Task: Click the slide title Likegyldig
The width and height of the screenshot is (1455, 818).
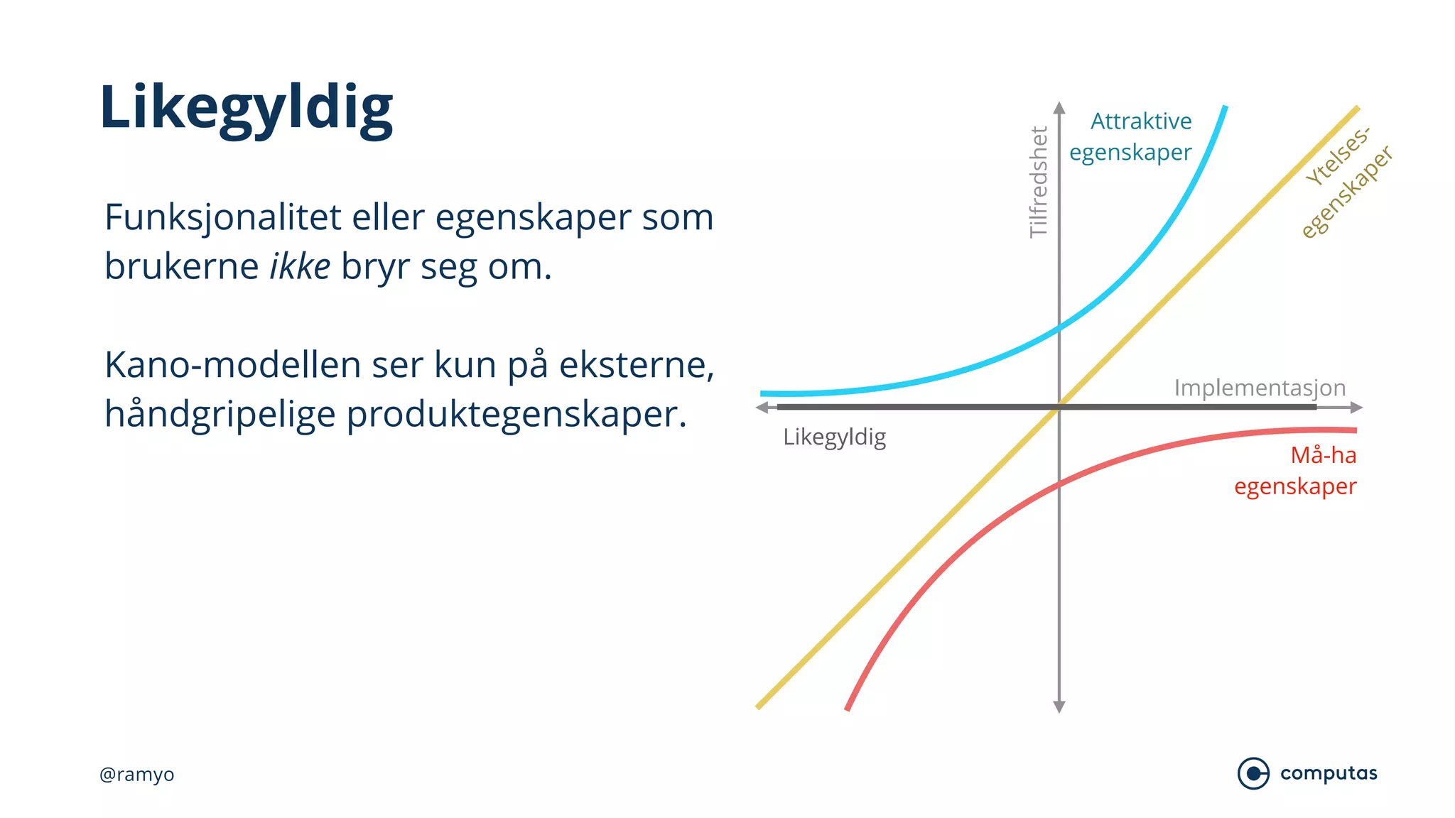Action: coord(246,108)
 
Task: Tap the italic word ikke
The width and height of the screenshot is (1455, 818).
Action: coord(299,267)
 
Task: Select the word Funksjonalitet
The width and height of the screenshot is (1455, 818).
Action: coord(222,217)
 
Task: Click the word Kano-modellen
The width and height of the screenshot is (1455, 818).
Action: coord(233,365)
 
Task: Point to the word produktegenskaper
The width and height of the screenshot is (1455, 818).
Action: coord(516,415)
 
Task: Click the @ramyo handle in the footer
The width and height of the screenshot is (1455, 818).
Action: coord(136,774)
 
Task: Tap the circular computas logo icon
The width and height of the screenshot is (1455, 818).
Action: coord(1253,773)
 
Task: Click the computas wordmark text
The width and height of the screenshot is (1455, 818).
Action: coord(1329,773)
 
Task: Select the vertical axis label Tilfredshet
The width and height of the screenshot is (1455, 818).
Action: coord(1039,182)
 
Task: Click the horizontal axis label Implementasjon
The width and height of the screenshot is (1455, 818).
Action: coord(1260,388)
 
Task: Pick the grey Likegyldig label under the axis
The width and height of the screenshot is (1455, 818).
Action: coord(834,437)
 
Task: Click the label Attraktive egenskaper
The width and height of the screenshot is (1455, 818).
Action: coord(1131,136)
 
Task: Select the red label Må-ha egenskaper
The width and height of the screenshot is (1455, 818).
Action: coord(1296,471)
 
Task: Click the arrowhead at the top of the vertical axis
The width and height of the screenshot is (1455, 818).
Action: coord(1059,107)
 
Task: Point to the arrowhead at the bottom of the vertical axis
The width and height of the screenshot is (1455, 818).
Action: coord(1059,707)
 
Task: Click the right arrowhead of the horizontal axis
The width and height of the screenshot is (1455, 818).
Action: coord(1356,408)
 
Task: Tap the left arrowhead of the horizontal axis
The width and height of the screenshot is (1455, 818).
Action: coord(762,408)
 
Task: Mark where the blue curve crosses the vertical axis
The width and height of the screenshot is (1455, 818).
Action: coord(1059,328)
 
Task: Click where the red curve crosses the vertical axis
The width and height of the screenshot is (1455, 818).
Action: coord(1059,485)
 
